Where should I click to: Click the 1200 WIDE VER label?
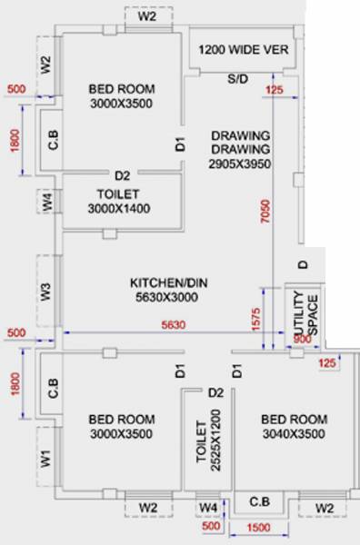tap(243, 49)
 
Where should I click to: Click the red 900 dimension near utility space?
tap(299, 340)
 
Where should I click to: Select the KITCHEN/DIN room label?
tap(168, 282)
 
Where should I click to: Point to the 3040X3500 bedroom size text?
tap(293, 434)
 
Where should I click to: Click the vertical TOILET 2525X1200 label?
tap(209, 442)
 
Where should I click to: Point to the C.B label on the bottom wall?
tap(259, 501)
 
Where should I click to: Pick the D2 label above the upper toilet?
tap(123, 175)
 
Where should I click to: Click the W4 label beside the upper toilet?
tap(46, 202)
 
